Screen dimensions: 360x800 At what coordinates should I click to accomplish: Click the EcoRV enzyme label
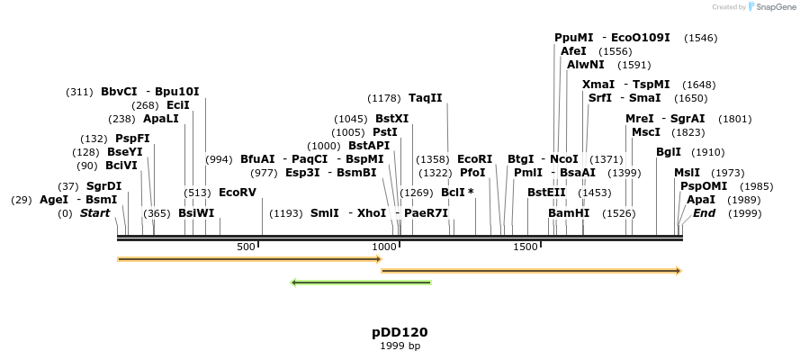point(238,193)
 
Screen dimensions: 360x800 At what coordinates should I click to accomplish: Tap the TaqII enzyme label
point(426,98)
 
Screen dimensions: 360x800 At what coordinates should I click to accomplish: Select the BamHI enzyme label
point(569,213)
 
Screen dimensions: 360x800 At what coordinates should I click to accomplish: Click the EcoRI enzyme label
point(475,158)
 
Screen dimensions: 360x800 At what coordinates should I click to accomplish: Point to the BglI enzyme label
point(669,152)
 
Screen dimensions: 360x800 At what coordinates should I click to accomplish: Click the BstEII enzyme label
point(546,193)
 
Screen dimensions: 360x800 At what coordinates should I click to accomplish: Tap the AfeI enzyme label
point(573,51)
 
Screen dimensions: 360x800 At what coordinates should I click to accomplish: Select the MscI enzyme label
point(646,132)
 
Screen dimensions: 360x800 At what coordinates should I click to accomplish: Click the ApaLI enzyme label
point(161,119)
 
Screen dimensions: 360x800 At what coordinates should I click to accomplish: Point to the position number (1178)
point(385,98)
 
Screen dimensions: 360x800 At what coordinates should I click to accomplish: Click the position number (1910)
point(707,152)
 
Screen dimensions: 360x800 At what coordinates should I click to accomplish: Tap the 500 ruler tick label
point(246,247)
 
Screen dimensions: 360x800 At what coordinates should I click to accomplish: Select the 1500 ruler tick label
point(526,247)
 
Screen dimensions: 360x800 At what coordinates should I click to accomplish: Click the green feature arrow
point(361,283)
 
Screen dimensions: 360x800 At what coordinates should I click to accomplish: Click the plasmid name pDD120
point(400,332)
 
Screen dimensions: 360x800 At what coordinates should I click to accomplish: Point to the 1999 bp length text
point(400,346)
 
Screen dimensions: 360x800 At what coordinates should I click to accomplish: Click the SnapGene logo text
point(773,7)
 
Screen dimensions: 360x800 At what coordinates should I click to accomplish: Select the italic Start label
point(95,213)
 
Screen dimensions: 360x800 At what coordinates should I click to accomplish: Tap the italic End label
point(704,213)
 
